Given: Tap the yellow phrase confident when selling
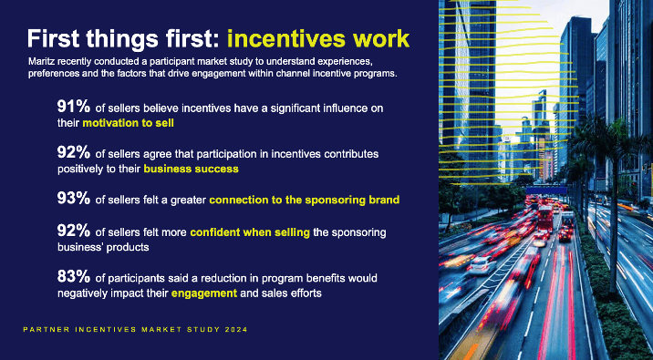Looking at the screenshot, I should click(x=250, y=233).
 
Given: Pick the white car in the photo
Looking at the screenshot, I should click(x=479, y=265).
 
